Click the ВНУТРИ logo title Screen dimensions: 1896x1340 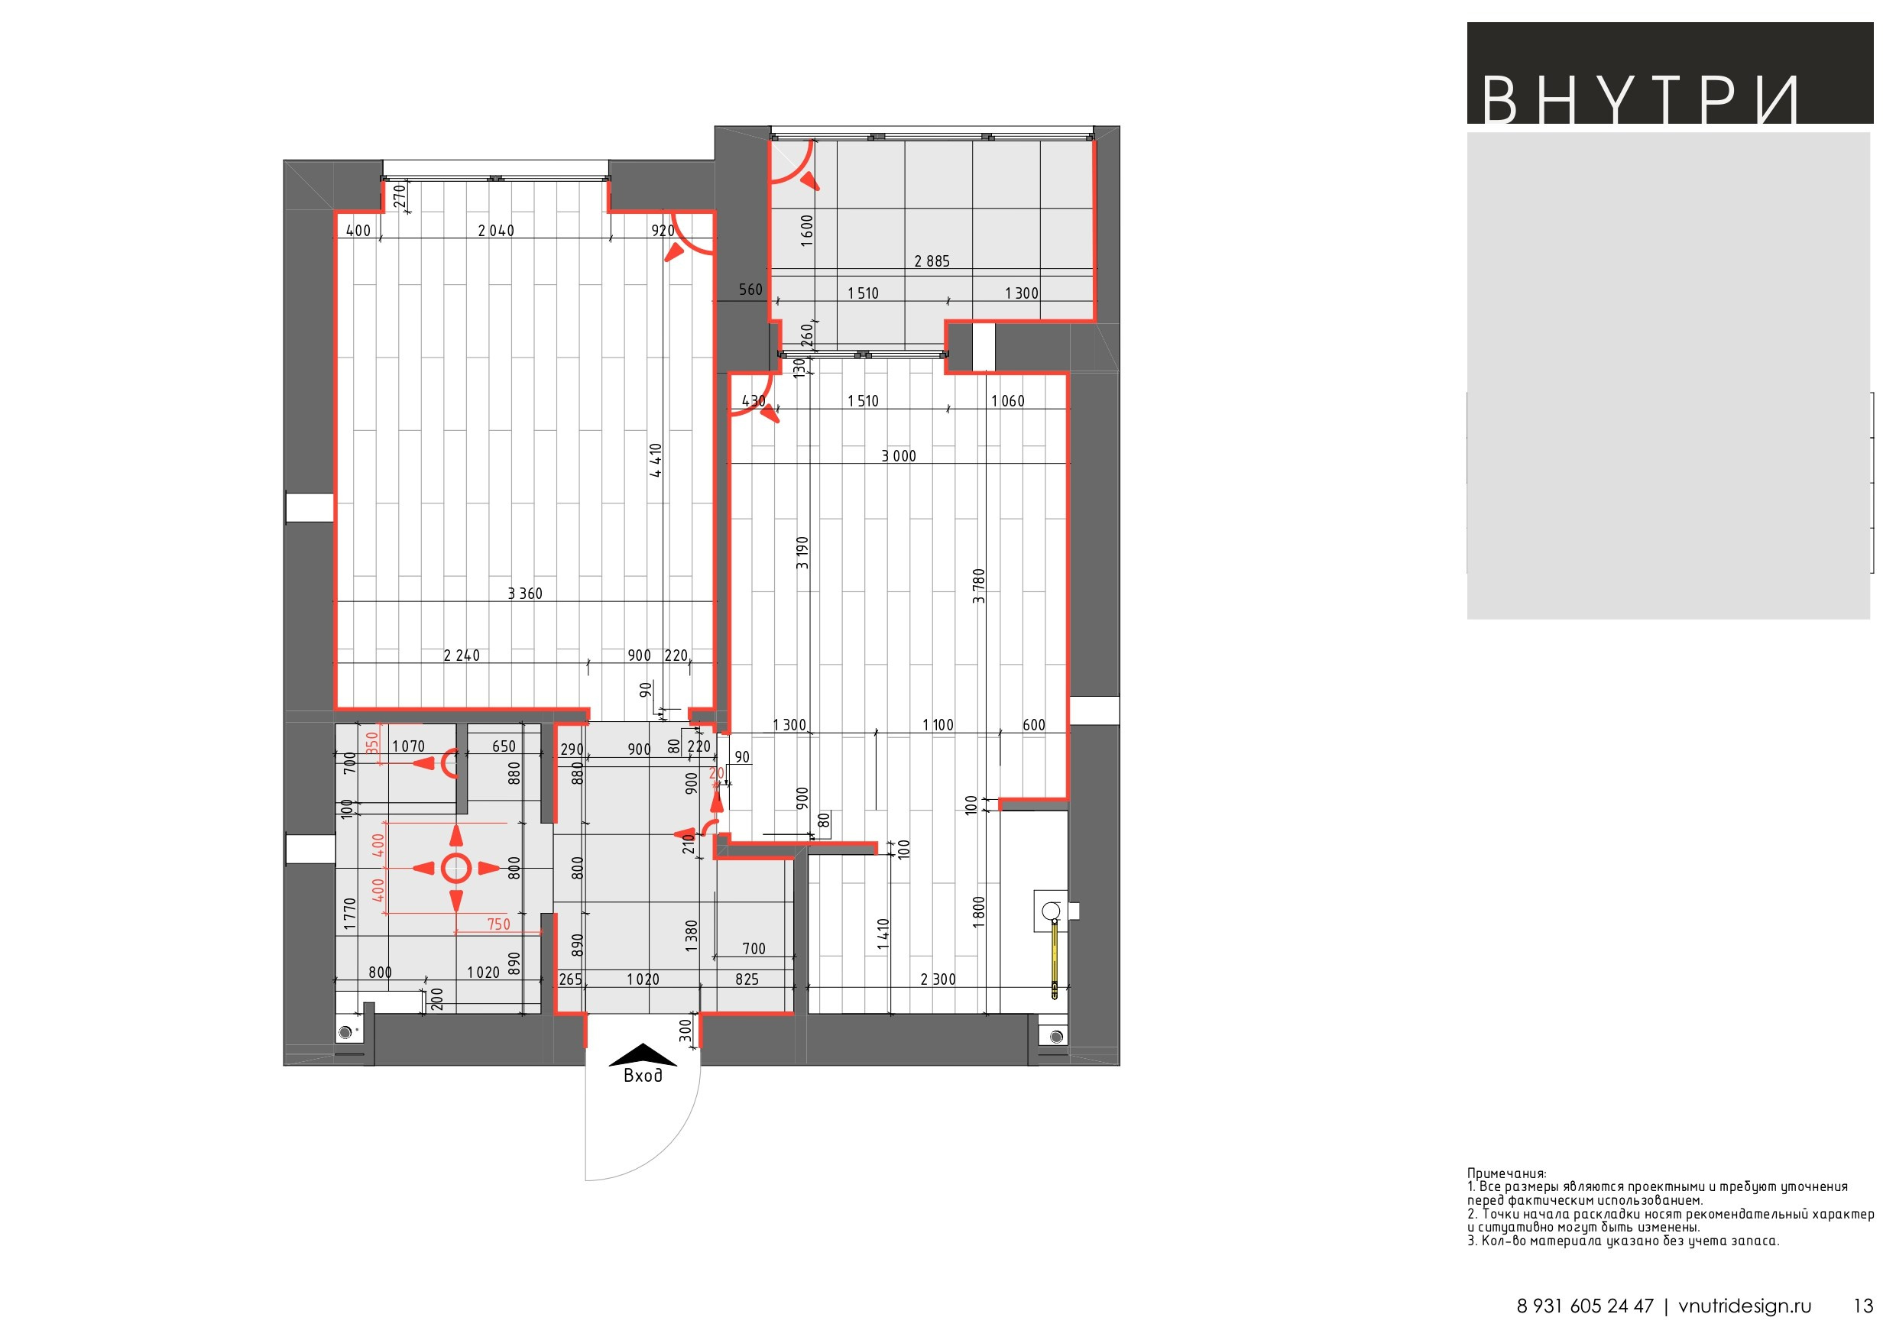pyautogui.click(x=1640, y=101)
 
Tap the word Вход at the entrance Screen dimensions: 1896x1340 pyautogui.click(x=643, y=1075)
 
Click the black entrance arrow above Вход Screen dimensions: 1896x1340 pyautogui.click(x=643, y=1055)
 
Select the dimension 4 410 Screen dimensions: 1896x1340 pyautogui.click(x=656, y=461)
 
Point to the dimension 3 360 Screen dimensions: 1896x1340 pyautogui.click(x=525, y=593)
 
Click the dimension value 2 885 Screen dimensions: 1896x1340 pyautogui.click(x=932, y=261)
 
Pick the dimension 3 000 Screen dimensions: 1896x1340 pyautogui.click(x=899, y=456)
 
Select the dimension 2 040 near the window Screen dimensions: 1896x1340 pyautogui.click(x=495, y=231)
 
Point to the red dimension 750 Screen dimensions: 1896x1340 pyautogui.click(x=499, y=924)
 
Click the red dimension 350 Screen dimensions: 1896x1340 pyautogui.click(x=371, y=743)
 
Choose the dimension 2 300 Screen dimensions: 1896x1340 pyautogui.click(x=938, y=979)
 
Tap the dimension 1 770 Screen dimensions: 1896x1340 pyautogui.click(x=349, y=914)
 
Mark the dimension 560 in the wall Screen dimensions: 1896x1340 pyautogui.click(x=750, y=289)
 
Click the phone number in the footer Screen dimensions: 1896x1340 pyautogui.click(x=1585, y=1306)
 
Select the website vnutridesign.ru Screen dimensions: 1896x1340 pyautogui.click(x=1745, y=1306)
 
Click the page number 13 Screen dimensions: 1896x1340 pyautogui.click(x=1863, y=1306)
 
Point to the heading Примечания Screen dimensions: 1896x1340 pyautogui.click(x=1507, y=1173)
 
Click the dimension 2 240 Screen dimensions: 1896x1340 pyautogui.click(x=462, y=655)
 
